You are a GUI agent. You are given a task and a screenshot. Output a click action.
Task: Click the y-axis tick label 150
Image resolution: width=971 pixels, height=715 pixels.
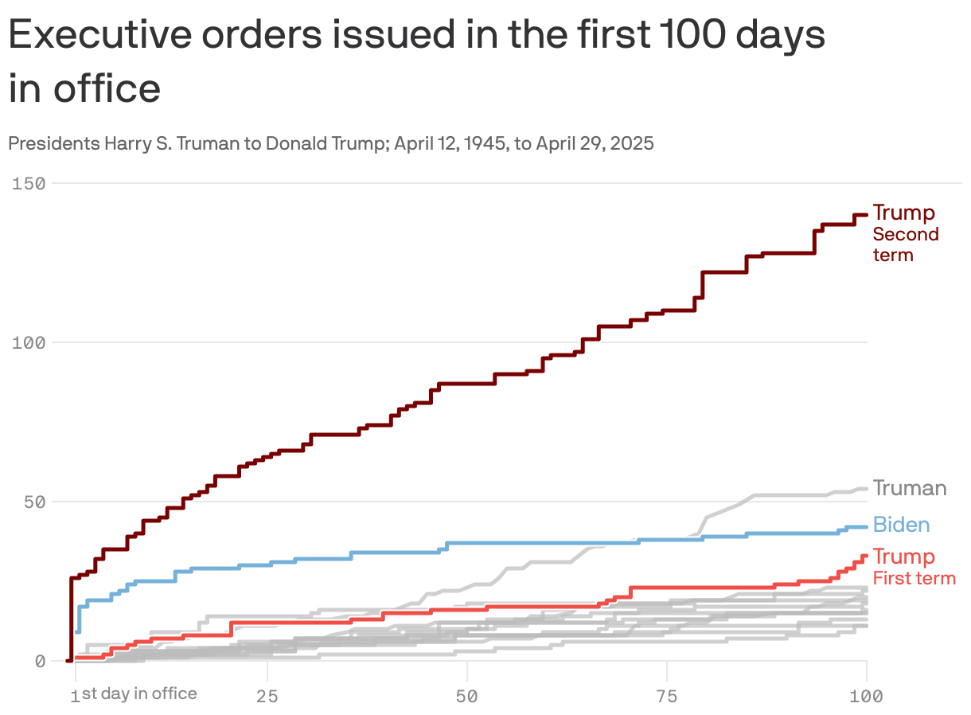pyautogui.click(x=28, y=183)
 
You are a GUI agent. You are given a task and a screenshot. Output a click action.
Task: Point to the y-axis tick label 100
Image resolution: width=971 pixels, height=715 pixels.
pyautogui.click(x=28, y=342)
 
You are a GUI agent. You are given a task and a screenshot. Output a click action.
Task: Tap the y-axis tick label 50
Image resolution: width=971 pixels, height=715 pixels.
pyautogui.click(x=33, y=502)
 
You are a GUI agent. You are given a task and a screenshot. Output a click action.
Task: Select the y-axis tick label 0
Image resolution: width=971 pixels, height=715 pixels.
pyautogui.click(x=39, y=661)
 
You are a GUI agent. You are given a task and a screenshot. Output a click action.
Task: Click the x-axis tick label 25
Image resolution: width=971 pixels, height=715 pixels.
pyautogui.click(x=267, y=697)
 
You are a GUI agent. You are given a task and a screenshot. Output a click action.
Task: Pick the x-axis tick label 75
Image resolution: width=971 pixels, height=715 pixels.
pyautogui.click(x=667, y=697)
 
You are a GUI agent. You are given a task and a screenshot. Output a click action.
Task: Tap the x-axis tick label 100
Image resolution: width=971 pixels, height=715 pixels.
pyautogui.click(x=867, y=697)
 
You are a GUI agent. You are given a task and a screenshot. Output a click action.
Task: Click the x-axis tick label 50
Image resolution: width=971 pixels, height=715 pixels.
pyautogui.click(x=467, y=697)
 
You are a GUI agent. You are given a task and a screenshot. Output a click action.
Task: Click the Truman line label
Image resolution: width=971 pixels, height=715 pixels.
pyautogui.click(x=910, y=488)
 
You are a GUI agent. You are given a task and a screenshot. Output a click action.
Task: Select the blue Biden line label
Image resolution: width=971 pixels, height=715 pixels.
pyautogui.click(x=901, y=525)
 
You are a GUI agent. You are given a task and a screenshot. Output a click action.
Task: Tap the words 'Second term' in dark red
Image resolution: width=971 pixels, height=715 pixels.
pyautogui.click(x=906, y=244)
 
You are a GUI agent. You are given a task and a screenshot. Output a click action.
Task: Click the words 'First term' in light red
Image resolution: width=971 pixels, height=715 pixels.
pyautogui.click(x=914, y=578)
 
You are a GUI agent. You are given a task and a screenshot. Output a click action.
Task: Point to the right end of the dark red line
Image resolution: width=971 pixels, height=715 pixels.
pyautogui.click(x=866, y=214)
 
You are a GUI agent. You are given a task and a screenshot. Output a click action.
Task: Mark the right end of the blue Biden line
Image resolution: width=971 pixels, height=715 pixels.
pyautogui.click(x=866, y=527)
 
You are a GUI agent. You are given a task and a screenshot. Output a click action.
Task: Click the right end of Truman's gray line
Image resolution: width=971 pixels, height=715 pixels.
pyautogui.click(x=866, y=489)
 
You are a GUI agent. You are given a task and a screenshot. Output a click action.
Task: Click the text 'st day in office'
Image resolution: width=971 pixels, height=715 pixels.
pyautogui.click(x=139, y=694)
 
